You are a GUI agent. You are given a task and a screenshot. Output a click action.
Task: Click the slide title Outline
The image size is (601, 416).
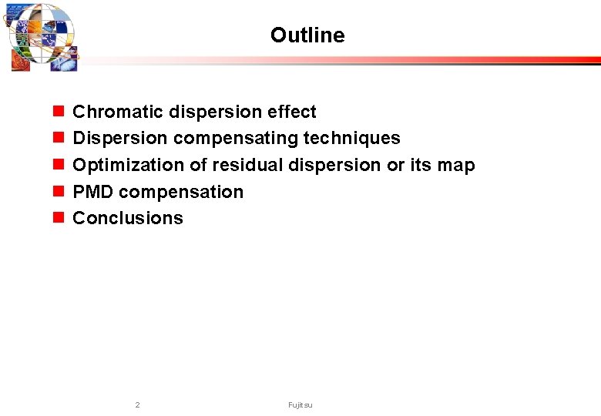[x=307, y=35]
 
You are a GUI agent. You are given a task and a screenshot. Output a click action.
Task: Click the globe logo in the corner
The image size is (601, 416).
[x=42, y=37]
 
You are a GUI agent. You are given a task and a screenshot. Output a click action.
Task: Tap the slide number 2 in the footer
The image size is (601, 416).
[x=137, y=405]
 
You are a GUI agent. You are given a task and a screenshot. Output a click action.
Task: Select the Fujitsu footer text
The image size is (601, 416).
[x=300, y=405]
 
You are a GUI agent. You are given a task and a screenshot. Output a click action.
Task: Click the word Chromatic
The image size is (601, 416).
[x=112, y=112]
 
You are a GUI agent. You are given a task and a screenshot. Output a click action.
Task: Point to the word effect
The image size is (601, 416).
[x=292, y=112]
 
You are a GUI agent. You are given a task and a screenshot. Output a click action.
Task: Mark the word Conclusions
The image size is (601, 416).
[x=128, y=219]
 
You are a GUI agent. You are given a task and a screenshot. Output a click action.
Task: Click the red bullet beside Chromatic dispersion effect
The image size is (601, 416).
[x=58, y=112]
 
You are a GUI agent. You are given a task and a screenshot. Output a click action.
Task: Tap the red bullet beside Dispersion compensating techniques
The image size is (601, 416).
[x=58, y=139]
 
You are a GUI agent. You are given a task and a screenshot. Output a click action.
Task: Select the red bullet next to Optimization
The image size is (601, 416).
[x=58, y=166]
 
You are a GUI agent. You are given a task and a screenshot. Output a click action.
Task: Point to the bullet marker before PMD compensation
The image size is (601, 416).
[x=58, y=192]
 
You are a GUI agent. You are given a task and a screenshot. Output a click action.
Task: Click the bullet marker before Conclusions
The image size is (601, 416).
[x=58, y=219]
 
